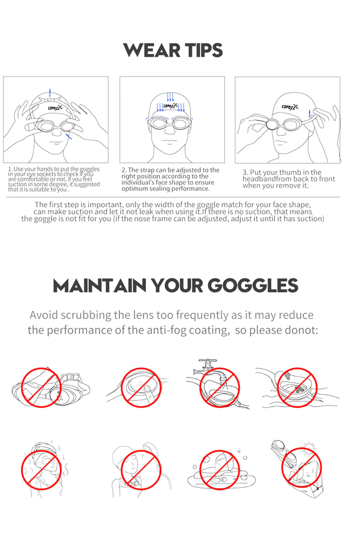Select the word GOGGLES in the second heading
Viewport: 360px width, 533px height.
click(253, 285)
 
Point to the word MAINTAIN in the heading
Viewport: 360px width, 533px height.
click(100, 285)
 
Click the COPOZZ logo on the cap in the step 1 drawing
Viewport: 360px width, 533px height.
click(55, 108)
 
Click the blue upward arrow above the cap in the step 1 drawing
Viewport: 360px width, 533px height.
click(50, 92)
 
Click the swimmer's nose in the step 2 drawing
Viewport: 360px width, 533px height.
click(170, 130)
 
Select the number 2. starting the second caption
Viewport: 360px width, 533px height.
click(124, 170)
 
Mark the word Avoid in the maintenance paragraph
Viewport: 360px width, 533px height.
click(44, 315)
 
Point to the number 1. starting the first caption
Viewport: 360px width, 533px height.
click(10, 169)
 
